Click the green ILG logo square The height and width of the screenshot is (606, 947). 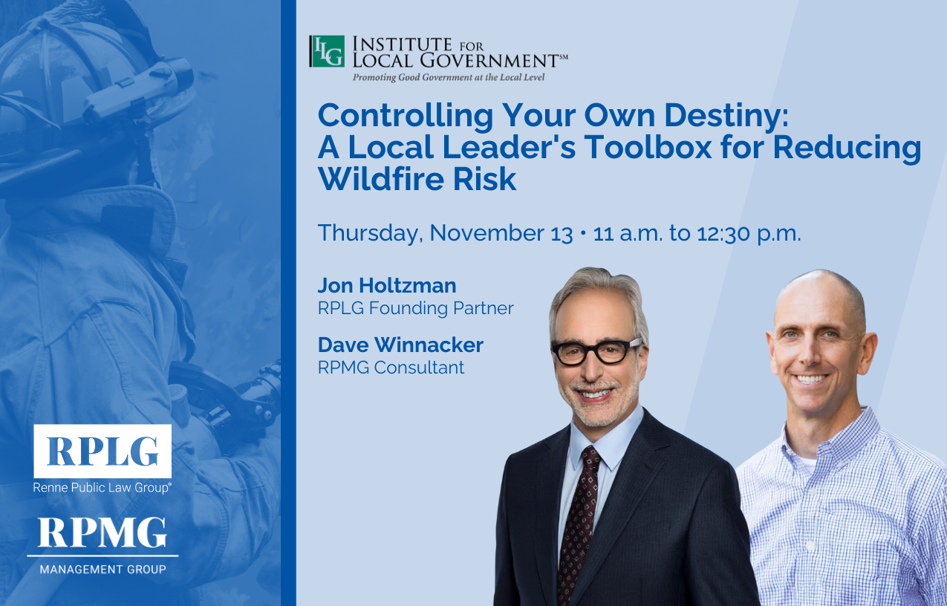coord(327,51)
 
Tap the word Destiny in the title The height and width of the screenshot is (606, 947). coord(726,117)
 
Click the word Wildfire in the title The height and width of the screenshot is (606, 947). coord(380,179)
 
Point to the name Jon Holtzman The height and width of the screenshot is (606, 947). coord(387,285)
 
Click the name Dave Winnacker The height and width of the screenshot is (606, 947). coord(400,345)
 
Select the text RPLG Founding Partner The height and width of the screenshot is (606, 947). coord(416,308)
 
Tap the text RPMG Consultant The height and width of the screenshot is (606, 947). coord(391,367)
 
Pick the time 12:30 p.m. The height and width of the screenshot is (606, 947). coord(749,234)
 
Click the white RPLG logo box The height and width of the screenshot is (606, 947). coord(102,451)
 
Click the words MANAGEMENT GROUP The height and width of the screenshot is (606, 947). coord(102,569)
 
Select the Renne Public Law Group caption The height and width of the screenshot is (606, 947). coord(102,488)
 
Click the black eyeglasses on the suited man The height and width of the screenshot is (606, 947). coord(596,351)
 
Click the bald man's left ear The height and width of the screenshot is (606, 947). coord(869,353)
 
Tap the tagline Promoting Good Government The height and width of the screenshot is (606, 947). coord(449,77)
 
